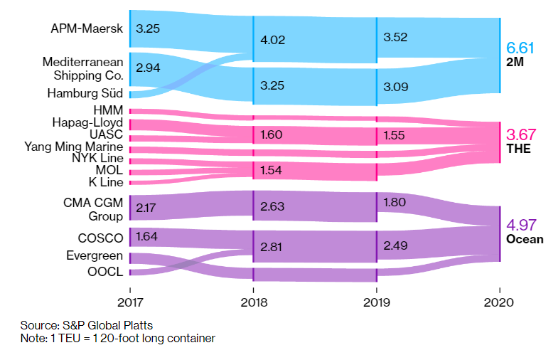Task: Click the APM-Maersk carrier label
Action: [x=87, y=29]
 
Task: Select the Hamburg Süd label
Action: [x=85, y=93]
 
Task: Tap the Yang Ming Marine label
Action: [x=74, y=146]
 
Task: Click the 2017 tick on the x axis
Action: [x=130, y=302]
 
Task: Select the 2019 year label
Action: [x=377, y=302]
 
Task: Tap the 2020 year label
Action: [x=500, y=302]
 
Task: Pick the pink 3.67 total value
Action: [x=520, y=134]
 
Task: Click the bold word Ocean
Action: [x=525, y=239]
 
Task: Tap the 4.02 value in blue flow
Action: [x=274, y=41]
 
